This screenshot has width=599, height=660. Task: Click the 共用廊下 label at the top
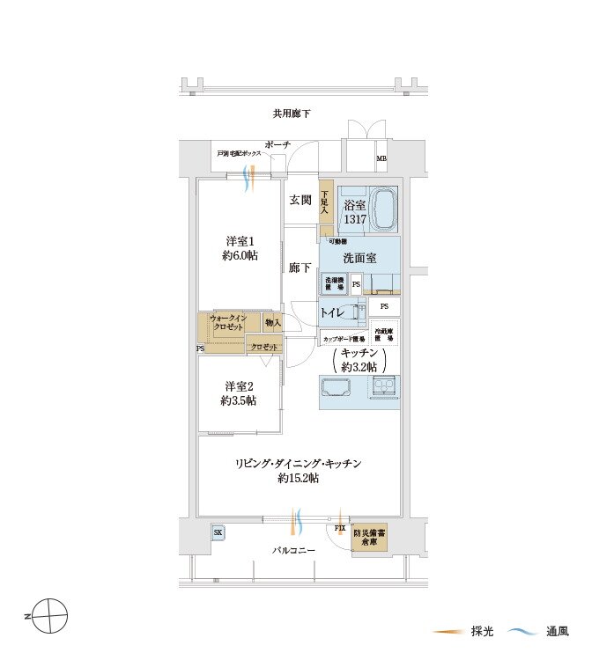(x=292, y=114)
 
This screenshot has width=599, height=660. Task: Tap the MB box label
(x=381, y=159)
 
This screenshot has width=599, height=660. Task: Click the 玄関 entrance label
(x=299, y=201)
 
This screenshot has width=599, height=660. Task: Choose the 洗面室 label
(x=359, y=258)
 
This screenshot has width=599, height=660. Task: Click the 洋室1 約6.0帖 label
(x=240, y=248)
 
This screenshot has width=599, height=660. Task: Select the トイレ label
(x=333, y=312)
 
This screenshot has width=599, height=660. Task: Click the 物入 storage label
(x=273, y=323)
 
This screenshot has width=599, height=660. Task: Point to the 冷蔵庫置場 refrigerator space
(x=384, y=334)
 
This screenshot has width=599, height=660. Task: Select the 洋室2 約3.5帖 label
(x=240, y=393)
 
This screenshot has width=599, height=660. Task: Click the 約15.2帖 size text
(x=298, y=479)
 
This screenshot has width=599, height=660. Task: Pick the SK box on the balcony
(x=218, y=532)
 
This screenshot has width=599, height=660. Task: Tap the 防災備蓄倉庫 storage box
(x=370, y=539)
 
